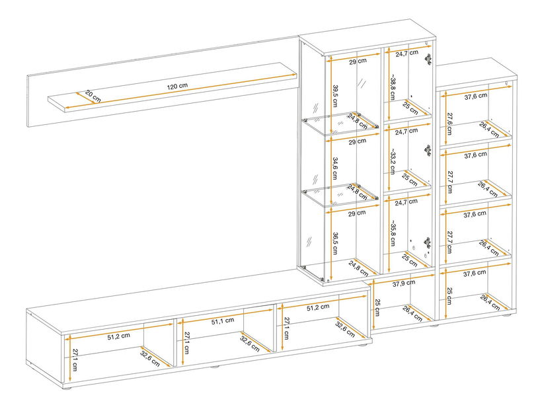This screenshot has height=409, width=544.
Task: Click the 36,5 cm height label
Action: [336, 237]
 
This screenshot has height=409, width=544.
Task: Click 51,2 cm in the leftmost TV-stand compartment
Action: [119, 336]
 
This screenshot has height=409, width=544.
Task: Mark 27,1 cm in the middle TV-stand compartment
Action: [187, 343]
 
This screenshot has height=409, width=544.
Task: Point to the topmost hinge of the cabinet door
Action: [428, 58]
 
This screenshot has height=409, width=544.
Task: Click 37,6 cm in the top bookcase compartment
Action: [475, 96]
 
